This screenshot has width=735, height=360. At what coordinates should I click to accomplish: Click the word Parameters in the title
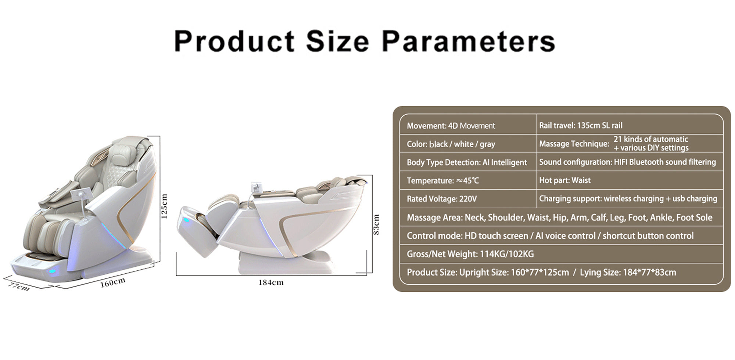pyautogui.click(x=469, y=41)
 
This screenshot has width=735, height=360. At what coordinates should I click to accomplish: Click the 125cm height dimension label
pyautogui.click(x=164, y=206)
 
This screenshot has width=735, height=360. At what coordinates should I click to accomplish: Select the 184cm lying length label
pyautogui.click(x=271, y=282)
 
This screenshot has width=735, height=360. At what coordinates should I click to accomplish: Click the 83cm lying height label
pyautogui.click(x=376, y=224)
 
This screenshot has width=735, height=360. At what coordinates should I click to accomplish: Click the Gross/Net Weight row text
pyautogui.click(x=470, y=254)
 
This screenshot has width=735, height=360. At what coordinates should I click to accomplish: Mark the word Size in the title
pyautogui.click(x=337, y=41)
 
